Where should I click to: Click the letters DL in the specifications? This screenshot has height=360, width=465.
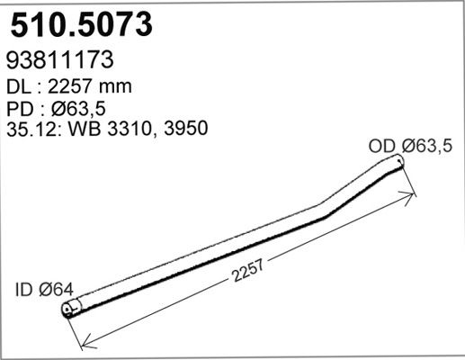point(19,86)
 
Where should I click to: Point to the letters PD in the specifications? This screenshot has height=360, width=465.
point(20,108)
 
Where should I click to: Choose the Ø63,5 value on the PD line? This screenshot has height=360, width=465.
point(78,108)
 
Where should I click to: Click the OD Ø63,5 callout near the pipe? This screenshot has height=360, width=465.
point(410,145)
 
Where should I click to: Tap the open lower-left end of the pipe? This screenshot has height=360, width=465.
point(68,311)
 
